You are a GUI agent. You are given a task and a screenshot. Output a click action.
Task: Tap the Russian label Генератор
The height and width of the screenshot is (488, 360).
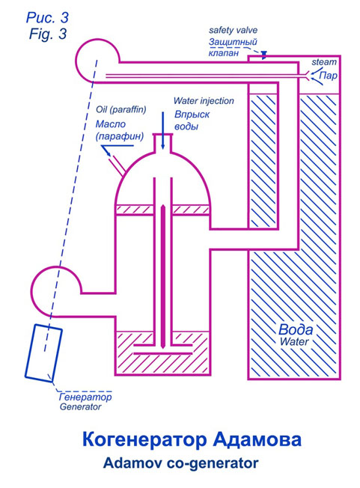[x=85, y=397]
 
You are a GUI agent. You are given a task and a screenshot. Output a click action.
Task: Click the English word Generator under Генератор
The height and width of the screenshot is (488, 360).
[x=81, y=406]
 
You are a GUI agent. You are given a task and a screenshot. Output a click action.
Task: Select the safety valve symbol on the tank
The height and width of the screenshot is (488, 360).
[x=264, y=55]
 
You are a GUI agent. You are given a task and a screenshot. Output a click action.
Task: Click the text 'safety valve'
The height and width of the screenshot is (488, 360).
[x=233, y=30]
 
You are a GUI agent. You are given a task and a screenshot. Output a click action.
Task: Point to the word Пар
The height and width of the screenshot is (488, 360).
[x=329, y=76]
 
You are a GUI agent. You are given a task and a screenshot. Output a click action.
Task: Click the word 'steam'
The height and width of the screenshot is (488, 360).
[x=324, y=62]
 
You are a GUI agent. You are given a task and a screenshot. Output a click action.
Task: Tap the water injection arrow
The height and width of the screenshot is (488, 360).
[x=162, y=131]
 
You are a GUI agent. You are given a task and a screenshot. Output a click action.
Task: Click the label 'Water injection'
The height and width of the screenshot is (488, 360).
[x=204, y=101]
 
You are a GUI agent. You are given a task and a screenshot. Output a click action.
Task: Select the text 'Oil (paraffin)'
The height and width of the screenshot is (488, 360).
[x=120, y=109]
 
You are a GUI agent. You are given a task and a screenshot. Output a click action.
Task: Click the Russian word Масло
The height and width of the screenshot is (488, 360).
[x=111, y=123]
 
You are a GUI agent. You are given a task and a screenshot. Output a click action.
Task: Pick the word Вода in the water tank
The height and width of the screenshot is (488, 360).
[x=296, y=329]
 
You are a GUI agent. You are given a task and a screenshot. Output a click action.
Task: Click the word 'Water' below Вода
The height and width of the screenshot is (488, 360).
[x=294, y=341]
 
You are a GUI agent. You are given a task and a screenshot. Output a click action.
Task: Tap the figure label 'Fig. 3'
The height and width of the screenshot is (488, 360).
[x=48, y=34]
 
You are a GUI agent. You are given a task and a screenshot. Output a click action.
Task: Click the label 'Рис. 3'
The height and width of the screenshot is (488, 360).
[x=47, y=17]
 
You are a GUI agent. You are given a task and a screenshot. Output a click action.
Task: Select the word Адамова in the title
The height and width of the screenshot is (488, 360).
[x=257, y=439]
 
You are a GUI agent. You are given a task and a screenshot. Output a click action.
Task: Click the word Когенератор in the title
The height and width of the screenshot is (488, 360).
[x=144, y=439]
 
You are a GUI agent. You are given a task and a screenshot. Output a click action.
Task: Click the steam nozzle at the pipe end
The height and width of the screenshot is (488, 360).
[x=308, y=76]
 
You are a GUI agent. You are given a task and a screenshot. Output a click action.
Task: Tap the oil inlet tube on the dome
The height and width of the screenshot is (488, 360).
[x=117, y=164]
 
